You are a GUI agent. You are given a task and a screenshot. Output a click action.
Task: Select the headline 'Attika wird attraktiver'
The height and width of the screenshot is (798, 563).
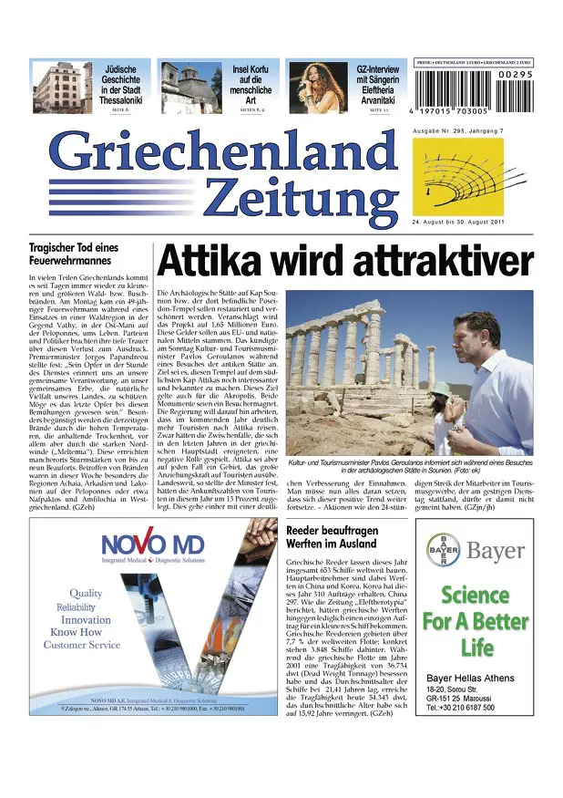coord(344,261)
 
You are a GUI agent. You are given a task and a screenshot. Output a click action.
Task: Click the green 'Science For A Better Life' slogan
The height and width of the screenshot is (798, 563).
coord(475,622)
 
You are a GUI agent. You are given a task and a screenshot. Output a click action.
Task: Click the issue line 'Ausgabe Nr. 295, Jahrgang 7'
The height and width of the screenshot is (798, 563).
coord(456,133)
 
